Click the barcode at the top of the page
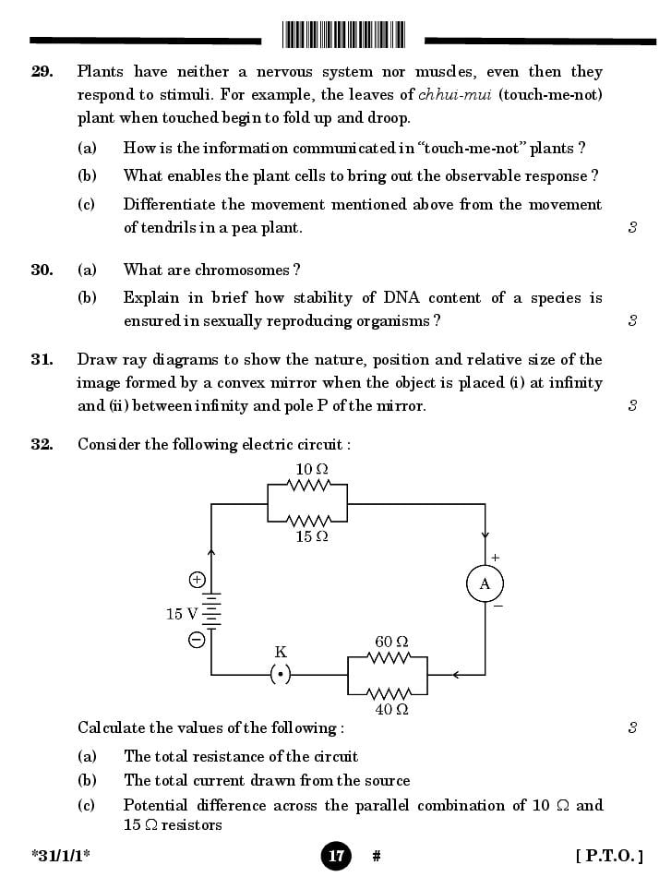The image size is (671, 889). click(343, 35)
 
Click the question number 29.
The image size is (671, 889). click(42, 72)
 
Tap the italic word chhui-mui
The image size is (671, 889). click(455, 95)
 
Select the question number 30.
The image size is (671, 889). click(42, 270)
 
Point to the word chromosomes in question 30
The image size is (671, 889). click(243, 270)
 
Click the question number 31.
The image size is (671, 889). click(42, 360)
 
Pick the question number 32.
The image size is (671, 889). click(42, 444)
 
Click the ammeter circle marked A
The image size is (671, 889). click(485, 584)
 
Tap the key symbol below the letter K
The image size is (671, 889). click(282, 675)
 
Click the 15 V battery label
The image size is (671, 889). click(182, 614)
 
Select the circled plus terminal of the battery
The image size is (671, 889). click(197, 580)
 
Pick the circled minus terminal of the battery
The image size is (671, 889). click(197, 640)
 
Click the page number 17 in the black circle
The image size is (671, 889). click(336, 856)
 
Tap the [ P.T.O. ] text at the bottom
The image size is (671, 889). click(608, 856)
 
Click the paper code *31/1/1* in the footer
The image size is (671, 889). click(61, 856)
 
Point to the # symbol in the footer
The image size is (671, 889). click(377, 857)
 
